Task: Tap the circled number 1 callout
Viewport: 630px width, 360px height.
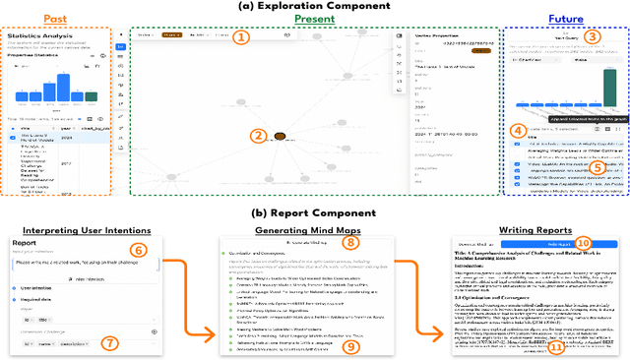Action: tap(242, 37)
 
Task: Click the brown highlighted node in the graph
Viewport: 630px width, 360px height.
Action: tap(280, 137)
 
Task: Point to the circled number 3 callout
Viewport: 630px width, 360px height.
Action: tap(592, 37)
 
